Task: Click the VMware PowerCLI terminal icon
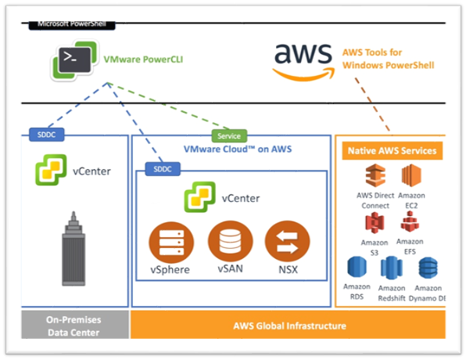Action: [74, 59]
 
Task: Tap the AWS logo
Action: [303, 62]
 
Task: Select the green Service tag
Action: [229, 136]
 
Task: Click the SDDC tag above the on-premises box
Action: [47, 135]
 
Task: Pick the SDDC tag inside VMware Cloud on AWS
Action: [163, 169]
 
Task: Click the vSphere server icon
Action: [171, 243]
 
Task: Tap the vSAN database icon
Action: [231, 242]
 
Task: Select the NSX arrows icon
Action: [288, 242]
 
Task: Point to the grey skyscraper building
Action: [73, 249]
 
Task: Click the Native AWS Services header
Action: [392, 151]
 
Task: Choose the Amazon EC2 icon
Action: [411, 175]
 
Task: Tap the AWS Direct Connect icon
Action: [375, 175]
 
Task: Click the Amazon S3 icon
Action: [375, 222]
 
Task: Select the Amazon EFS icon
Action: [410, 221]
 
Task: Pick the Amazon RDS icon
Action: [357, 267]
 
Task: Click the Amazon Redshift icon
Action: [392, 268]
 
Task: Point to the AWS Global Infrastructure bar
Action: [288, 325]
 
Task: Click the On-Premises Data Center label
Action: [73, 326]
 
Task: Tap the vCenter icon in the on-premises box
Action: [51, 170]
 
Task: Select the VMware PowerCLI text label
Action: [143, 59]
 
